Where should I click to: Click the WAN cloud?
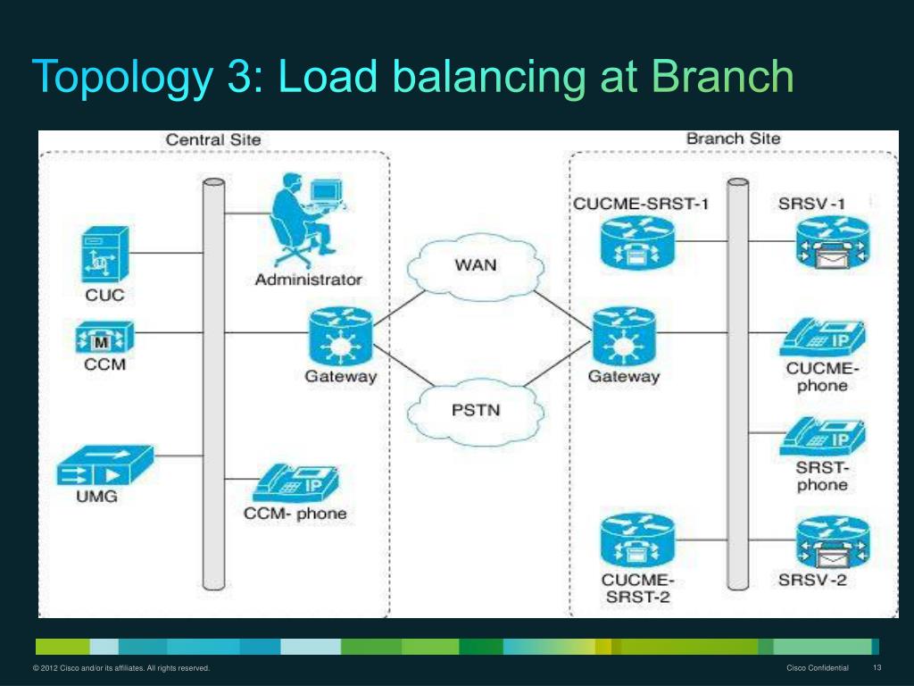(476, 266)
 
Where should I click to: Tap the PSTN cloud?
(476, 411)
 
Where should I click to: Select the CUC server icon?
(105, 255)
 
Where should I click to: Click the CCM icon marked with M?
(104, 337)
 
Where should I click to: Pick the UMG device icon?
(105, 465)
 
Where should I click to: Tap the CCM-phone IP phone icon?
(295, 483)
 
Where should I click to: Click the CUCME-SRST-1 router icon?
(637, 243)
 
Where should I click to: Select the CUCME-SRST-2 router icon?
(637, 540)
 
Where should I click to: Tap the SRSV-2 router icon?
(833, 541)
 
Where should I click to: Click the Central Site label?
(213, 140)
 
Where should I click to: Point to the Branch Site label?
(734, 138)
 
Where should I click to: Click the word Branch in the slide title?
(722, 76)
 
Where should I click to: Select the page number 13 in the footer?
(877, 668)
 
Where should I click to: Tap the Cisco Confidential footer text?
(818, 668)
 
